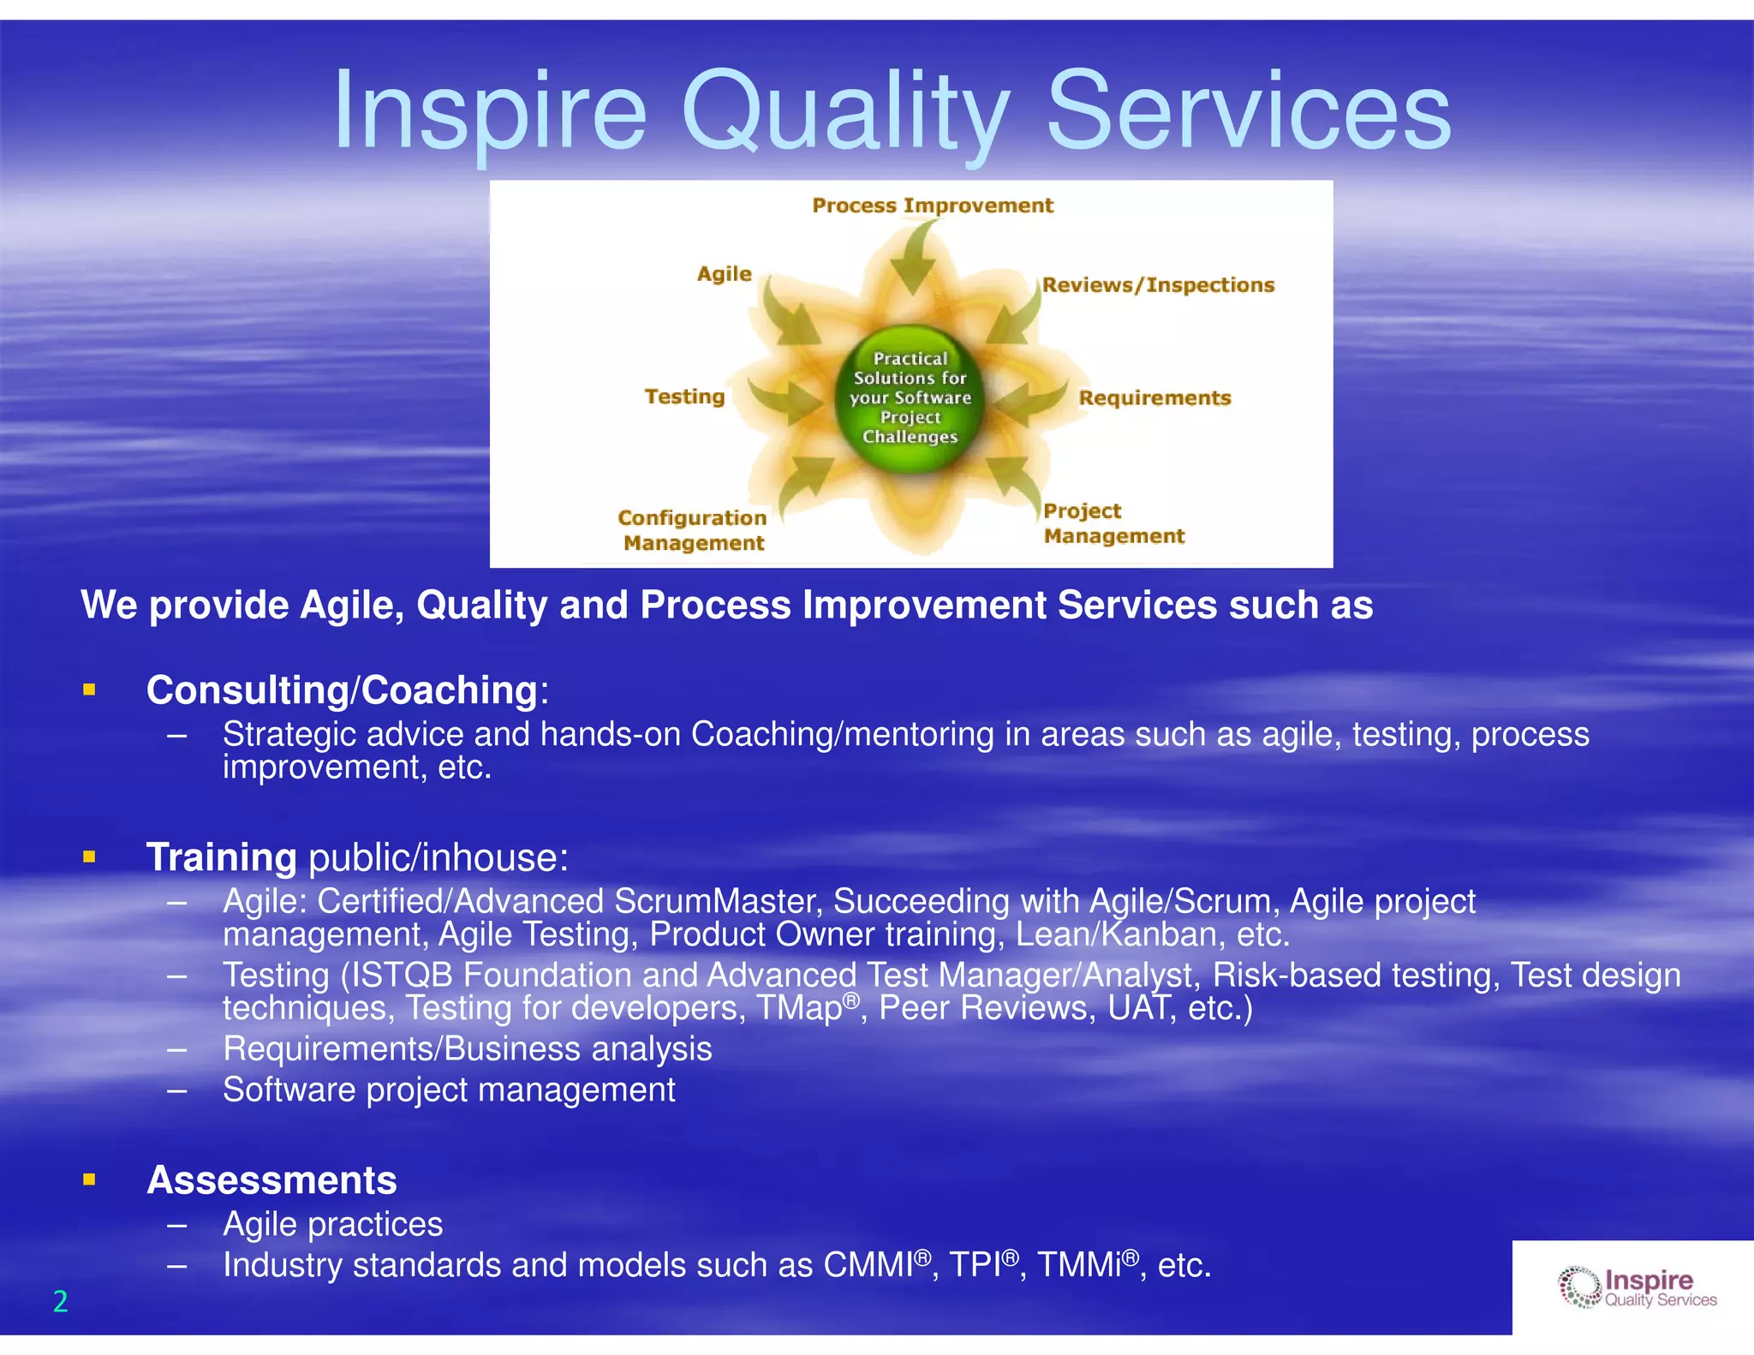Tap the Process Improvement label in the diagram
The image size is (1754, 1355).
click(x=932, y=206)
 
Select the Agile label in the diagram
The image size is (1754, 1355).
click(x=724, y=274)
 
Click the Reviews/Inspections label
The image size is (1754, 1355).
click(x=1158, y=285)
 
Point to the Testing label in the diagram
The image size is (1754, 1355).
click(x=684, y=397)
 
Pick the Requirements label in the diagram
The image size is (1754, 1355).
click(x=1154, y=398)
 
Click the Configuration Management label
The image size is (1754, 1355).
click(x=692, y=530)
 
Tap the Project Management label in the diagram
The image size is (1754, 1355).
click(x=1113, y=523)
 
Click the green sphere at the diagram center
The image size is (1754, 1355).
click(x=910, y=398)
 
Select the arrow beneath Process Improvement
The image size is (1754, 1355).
click(x=915, y=257)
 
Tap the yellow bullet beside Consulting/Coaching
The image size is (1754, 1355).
click(x=89, y=689)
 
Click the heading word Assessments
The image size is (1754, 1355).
click(x=271, y=1180)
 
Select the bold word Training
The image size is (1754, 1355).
click(x=222, y=857)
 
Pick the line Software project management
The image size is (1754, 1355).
click(x=449, y=1090)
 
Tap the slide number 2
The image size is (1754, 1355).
click(x=60, y=1301)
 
